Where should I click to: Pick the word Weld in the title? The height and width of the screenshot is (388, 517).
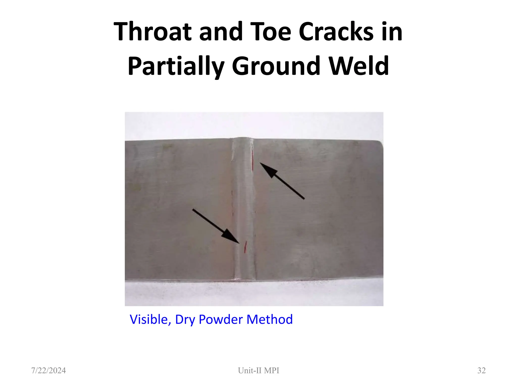(359, 66)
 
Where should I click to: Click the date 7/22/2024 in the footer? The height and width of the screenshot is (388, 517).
(48, 370)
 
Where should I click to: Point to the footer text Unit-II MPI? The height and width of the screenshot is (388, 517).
(258, 370)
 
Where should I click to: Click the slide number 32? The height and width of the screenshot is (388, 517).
(481, 370)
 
